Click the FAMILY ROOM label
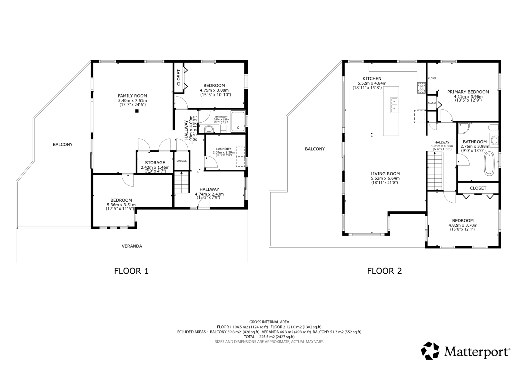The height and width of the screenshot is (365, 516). [x=132, y=96]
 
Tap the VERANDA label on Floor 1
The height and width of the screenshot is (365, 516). [x=132, y=246]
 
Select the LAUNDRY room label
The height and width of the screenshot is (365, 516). [x=223, y=149]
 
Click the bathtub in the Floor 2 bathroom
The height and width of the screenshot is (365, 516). [x=489, y=164]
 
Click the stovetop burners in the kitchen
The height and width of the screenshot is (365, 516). [x=422, y=88]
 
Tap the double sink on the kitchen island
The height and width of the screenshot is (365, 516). [x=394, y=105]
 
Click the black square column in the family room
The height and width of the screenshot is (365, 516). [x=137, y=111]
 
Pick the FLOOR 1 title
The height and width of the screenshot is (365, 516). [x=131, y=271]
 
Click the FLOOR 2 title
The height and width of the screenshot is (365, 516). [x=384, y=271]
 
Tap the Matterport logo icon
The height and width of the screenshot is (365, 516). [x=430, y=351]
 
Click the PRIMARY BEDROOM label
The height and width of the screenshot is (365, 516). [x=468, y=92]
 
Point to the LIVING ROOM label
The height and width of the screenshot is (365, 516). [x=385, y=174]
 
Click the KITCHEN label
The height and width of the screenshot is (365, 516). [x=372, y=78]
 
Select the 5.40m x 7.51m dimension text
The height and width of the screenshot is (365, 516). [x=133, y=101]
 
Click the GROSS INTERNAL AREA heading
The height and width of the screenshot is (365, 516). [x=269, y=322]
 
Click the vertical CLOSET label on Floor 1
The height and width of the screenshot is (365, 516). [x=179, y=77]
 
